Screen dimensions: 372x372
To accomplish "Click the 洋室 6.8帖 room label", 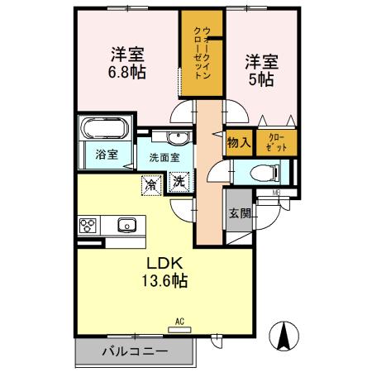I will point(127,64).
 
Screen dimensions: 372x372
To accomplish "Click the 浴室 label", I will point(104,154).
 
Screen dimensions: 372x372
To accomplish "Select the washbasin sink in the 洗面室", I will point(177,137).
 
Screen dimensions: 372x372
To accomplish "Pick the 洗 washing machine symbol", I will point(179,181).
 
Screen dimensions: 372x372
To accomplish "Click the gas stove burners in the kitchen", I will point(89,225).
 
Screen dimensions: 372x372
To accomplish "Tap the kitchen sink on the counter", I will point(127,224).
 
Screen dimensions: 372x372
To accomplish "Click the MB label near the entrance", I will point(276,194).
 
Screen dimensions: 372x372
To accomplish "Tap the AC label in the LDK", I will point(178,321).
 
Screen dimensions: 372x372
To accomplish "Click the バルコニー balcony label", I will point(135,351).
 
